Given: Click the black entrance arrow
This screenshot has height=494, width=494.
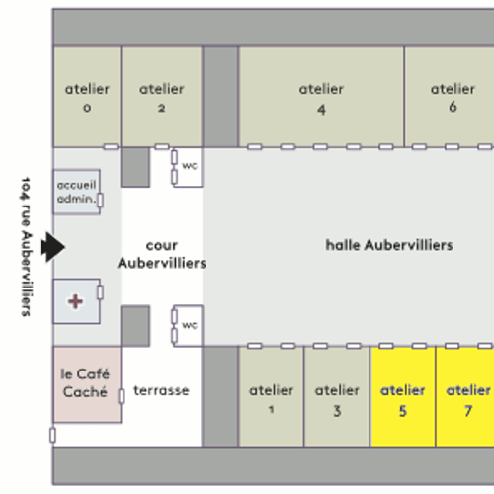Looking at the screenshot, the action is pyautogui.click(x=52, y=247).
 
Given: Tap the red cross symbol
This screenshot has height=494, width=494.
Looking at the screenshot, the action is pyautogui.click(x=75, y=301).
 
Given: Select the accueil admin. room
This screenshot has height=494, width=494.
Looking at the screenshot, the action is pyautogui.click(x=76, y=192).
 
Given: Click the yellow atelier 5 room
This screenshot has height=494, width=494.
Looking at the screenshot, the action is pyautogui.click(x=402, y=396).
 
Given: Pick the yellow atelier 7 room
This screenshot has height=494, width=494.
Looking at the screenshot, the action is pyautogui.click(x=465, y=396).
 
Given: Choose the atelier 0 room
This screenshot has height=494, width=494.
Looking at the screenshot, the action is pyautogui.click(x=87, y=97).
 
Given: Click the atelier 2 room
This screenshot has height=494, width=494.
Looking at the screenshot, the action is pyautogui.click(x=161, y=97).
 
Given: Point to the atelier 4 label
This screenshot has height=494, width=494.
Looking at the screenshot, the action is pyautogui.click(x=321, y=99).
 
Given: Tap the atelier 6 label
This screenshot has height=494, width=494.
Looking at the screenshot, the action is pyautogui.click(x=453, y=98).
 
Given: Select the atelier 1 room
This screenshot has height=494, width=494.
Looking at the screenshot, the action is pyautogui.click(x=271, y=396).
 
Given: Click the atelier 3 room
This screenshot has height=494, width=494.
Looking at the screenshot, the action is pyautogui.click(x=337, y=396).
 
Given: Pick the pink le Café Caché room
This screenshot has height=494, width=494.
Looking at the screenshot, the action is pyautogui.click(x=87, y=384).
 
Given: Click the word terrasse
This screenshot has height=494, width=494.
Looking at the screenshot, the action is pyautogui.click(x=161, y=390).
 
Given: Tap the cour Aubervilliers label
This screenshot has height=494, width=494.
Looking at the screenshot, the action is pyautogui.click(x=162, y=254).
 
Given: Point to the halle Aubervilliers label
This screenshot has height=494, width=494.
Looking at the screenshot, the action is pyautogui.click(x=389, y=245).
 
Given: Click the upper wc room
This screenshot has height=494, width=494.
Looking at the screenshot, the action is pyautogui.click(x=188, y=167).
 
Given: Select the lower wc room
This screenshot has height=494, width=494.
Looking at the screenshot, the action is pyautogui.click(x=188, y=326).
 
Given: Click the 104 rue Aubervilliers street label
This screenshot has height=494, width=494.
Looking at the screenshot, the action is pyautogui.click(x=26, y=247).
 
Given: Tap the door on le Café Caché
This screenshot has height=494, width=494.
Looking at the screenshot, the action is pyautogui.click(x=122, y=396).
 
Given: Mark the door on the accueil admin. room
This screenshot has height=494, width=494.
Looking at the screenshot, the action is pyautogui.click(x=100, y=200).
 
